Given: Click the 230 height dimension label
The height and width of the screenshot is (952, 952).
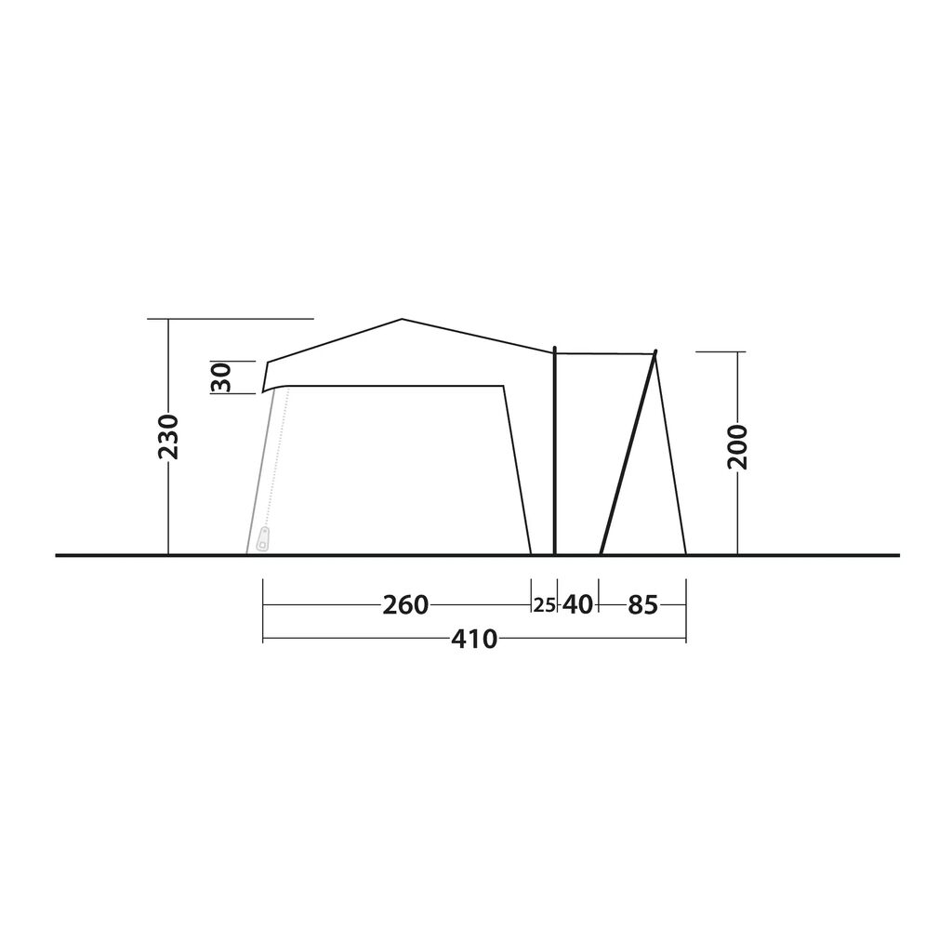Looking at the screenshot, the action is click(x=168, y=437).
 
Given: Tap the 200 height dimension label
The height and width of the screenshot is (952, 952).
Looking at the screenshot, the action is click(x=737, y=447).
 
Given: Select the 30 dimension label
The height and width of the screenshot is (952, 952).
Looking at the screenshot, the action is click(x=221, y=377).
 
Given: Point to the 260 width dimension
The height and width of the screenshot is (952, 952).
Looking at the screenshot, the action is click(x=405, y=604).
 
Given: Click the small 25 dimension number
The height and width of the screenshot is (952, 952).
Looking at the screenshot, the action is click(x=544, y=605).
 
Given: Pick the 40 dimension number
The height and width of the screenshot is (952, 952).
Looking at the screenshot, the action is click(x=577, y=604).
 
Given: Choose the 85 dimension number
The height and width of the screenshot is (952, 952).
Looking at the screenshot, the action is click(x=643, y=604).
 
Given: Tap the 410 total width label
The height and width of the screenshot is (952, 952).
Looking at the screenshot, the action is click(x=474, y=639).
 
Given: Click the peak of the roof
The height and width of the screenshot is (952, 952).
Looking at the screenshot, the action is click(x=402, y=320).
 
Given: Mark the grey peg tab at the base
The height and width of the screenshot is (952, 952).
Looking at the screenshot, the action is click(x=264, y=539).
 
